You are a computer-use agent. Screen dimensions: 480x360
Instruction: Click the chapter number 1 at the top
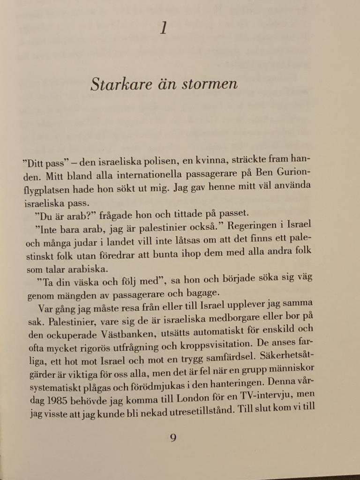164,29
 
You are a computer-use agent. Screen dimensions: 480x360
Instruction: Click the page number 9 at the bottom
173,439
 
